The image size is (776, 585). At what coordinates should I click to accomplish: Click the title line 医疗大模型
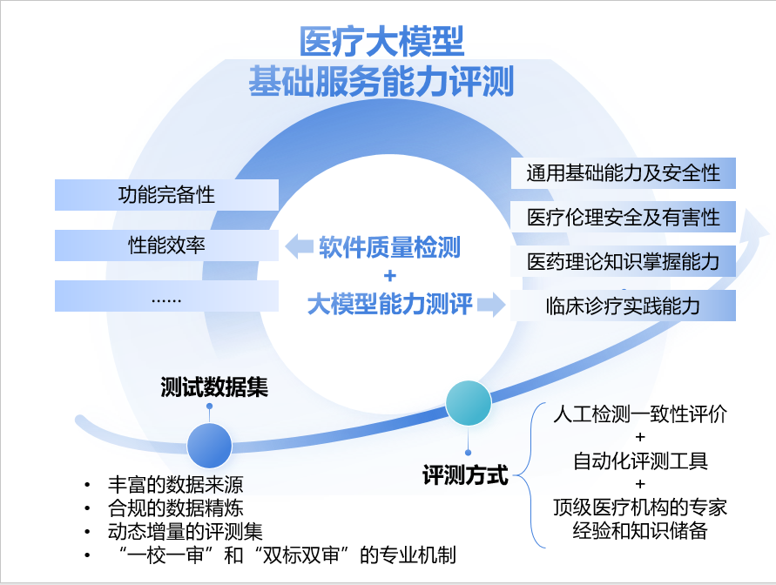tap(381, 42)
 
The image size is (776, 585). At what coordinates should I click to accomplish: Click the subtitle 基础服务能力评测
tap(381, 81)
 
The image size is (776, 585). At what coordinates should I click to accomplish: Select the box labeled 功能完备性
tap(166, 195)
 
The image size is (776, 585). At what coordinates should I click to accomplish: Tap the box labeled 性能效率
tap(166, 245)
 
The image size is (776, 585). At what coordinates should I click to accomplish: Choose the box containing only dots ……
tap(166, 296)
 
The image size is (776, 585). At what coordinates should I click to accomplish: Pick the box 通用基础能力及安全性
tap(623, 173)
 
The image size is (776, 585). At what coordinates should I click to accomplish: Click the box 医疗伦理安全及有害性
tap(623, 217)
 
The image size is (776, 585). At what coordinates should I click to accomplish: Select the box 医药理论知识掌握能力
tap(623, 261)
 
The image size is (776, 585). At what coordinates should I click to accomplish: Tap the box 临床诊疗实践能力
tap(623, 306)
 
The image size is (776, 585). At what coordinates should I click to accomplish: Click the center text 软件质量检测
tap(389, 247)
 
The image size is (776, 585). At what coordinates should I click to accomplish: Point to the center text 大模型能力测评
tap(390, 304)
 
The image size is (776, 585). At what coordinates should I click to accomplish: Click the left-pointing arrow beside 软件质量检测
tap(300, 246)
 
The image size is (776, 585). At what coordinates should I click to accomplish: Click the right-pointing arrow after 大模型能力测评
tap(491, 304)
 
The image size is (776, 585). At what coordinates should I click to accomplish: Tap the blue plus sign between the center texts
tap(390, 275)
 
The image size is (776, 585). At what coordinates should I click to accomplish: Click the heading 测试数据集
tap(214, 387)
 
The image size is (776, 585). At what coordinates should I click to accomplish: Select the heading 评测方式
tap(465, 475)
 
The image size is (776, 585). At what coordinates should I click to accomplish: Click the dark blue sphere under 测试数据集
tap(209, 446)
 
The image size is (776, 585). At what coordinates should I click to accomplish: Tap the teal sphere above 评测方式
tap(469, 403)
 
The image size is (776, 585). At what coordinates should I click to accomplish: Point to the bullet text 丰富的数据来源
tap(176, 485)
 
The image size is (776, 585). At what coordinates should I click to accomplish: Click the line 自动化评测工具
tap(640, 461)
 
